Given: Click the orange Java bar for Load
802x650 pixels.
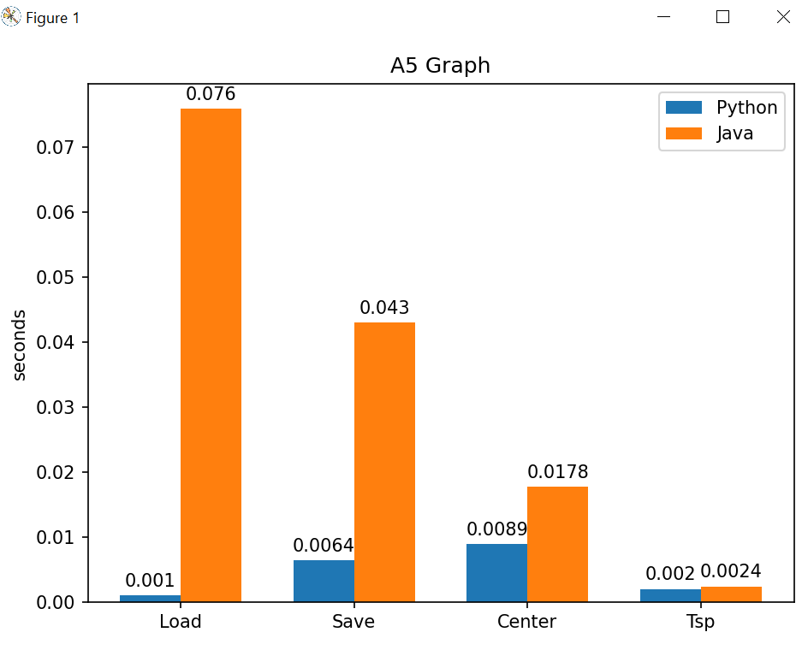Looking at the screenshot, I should tap(211, 355).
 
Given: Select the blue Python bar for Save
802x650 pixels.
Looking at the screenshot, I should tap(324, 581).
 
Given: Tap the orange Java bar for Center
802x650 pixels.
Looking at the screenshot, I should tap(557, 544).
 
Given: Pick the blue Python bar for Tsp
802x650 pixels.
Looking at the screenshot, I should tap(670, 595).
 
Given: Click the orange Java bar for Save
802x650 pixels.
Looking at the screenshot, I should tap(384, 462).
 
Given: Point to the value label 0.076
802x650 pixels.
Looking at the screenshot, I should tap(211, 94).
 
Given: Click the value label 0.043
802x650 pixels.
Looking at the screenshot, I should tap(384, 308).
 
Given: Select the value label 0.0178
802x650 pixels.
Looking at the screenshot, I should tap(557, 472).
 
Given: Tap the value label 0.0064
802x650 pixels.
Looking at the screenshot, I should tap(324, 546).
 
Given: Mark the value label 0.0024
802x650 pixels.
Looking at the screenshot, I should tap(731, 571).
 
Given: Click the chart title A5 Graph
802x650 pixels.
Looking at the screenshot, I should tap(440, 66).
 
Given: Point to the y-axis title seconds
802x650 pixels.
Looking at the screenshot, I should tap(20, 344).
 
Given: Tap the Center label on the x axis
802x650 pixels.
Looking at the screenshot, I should tap(526, 622).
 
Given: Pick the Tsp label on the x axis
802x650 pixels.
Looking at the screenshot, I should tap(700, 622).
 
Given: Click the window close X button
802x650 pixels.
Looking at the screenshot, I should tap(782, 17).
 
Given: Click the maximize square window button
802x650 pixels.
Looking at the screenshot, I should tap(722, 17).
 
